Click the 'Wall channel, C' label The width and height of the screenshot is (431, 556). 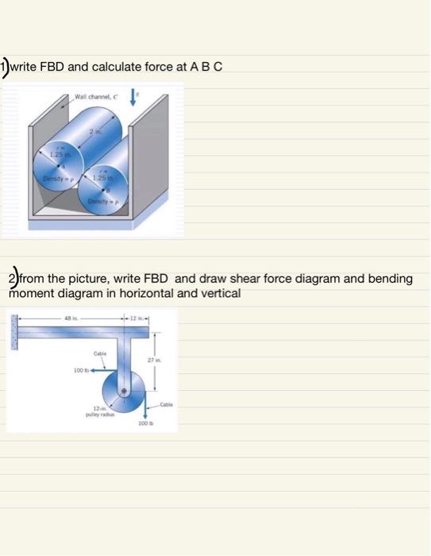[94, 97]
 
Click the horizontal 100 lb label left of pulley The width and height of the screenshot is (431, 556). [79, 370]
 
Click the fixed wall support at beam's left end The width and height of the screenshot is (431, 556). [13, 332]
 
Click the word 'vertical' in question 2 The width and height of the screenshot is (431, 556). [220, 293]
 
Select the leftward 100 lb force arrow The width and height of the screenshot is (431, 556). [102, 370]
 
